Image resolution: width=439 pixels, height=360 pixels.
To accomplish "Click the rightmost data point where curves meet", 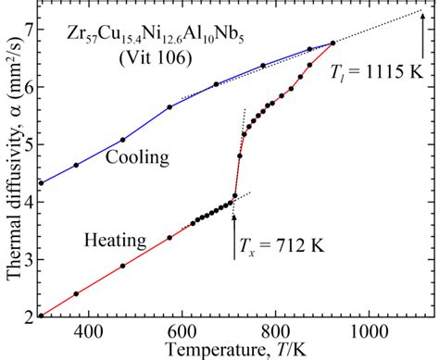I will click(333, 43).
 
